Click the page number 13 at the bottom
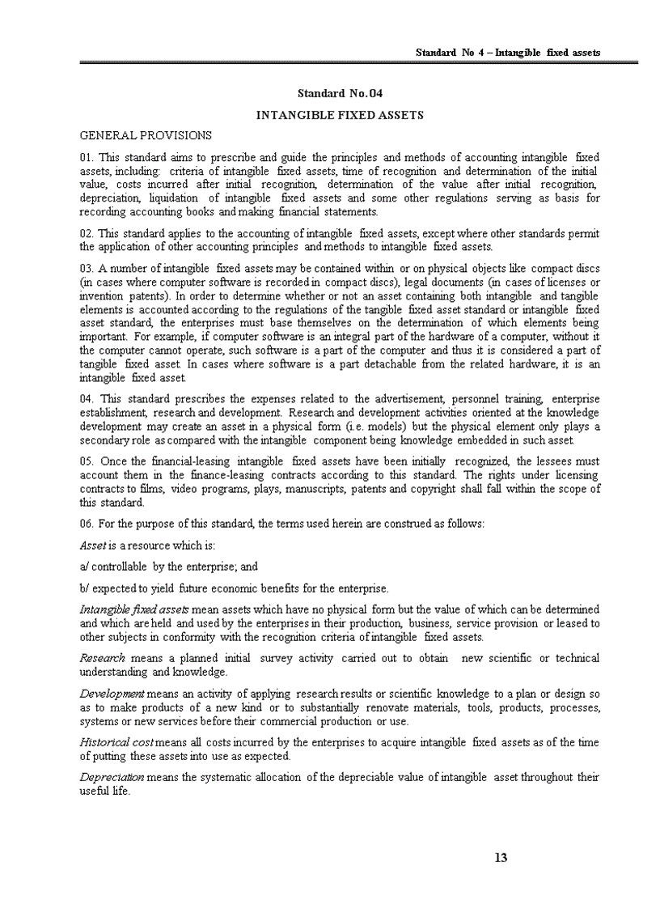tap(501, 858)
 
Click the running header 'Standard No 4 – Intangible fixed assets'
tap(507, 53)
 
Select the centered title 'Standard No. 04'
tap(340, 95)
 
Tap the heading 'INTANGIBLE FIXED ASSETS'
tap(340, 115)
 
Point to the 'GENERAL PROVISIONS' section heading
tap(146, 135)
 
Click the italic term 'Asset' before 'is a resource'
tap(93, 546)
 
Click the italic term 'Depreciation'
tap(112, 778)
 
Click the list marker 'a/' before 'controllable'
tap(84, 567)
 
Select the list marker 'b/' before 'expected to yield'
tap(84, 588)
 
